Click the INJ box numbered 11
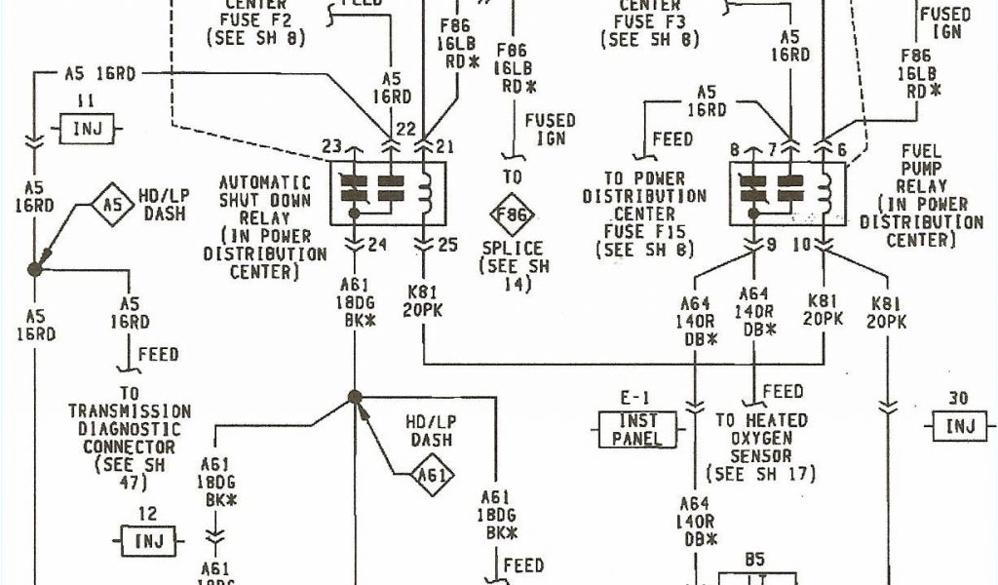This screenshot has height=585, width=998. pyautogui.click(x=87, y=127)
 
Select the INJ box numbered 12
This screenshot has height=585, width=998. pyautogui.click(x=147, y=539)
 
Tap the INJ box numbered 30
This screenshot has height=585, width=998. pyautogui.click(x=960, y=425)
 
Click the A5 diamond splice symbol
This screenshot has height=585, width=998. pyautogui.click(x=114, y=205)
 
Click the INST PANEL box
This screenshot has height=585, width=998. pyautogui.click(x=636, y=428)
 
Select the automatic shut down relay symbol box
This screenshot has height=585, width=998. pyautogui.click(x=388, y=193)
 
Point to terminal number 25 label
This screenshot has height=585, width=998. pyautogui.click(x=446, y=244)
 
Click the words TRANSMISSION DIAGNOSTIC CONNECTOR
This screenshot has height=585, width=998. pyautogui.click(x=130, y=429)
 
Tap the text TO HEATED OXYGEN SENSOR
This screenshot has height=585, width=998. pyautogui.click(x=761, y=438)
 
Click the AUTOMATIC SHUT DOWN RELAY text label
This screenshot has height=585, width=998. pyautogui.click(x=265, y=226)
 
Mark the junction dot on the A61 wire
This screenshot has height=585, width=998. pyautogui.click(x=355, y=397)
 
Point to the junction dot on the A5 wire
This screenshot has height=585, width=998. pyautogui.click(x=35, y=268)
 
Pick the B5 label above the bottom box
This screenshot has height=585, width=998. pyautogui.click(x=753, y=559)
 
